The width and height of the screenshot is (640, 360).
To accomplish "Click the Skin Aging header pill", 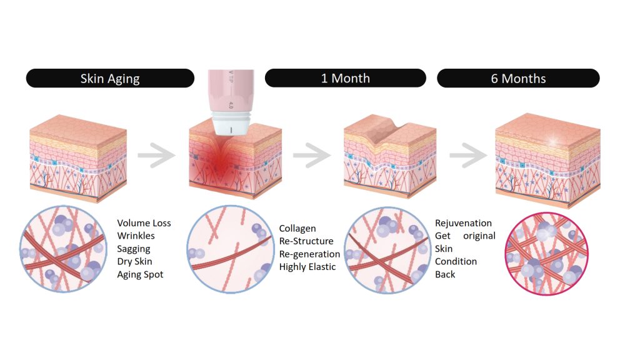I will [x=110, y=79].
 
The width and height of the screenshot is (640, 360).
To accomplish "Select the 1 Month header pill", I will [x=345, y=78].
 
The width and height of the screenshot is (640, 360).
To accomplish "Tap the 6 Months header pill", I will [x=518, y=79].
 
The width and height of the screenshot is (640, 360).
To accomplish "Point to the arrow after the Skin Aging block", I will [x=154, y=156].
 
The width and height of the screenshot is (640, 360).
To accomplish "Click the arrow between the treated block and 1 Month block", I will [x=311, y=156].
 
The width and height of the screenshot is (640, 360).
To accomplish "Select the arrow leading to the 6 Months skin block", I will [x=467, y=156].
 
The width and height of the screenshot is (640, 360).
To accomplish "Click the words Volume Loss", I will [x=144, y=223].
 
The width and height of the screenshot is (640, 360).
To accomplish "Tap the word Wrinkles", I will [x=136, y=236].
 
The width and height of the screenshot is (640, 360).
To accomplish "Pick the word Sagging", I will [x=134, y=249].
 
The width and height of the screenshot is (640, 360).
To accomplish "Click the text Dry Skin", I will [x=134, y=261].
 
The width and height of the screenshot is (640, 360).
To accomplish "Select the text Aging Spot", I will [x=140, y=274].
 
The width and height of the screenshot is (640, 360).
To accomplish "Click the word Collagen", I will [x=297, y=229].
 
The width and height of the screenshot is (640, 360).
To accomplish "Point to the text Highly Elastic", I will [x=307, y=267].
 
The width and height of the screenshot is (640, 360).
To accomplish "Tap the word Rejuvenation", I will [x=463, y=223].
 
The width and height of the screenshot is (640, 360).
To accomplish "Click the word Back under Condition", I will [x=445, y=274].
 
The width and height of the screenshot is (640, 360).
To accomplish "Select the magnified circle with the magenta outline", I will [x=546, y=252].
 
